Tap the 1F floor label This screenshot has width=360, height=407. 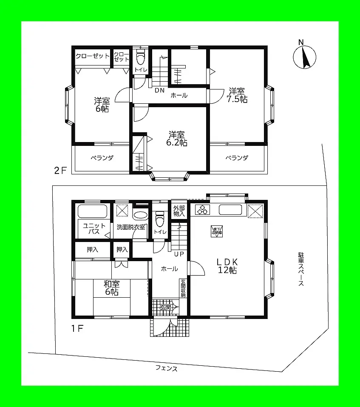(77, 328)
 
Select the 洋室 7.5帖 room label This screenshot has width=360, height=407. (238, 95)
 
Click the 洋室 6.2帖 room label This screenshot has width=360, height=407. (176, 139)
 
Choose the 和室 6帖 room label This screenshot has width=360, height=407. (111, 288)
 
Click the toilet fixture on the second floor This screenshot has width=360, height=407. (140, 58)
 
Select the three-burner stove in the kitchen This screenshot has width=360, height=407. (203, 210)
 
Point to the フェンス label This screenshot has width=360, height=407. (166, 369)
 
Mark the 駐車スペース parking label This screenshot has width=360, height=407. (300, 269)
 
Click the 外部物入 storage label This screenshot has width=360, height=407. (179, 211)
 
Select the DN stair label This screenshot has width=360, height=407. (159, 91)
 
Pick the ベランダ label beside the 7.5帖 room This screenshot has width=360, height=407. (236, 158)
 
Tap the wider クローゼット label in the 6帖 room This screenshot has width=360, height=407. (93, 56)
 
